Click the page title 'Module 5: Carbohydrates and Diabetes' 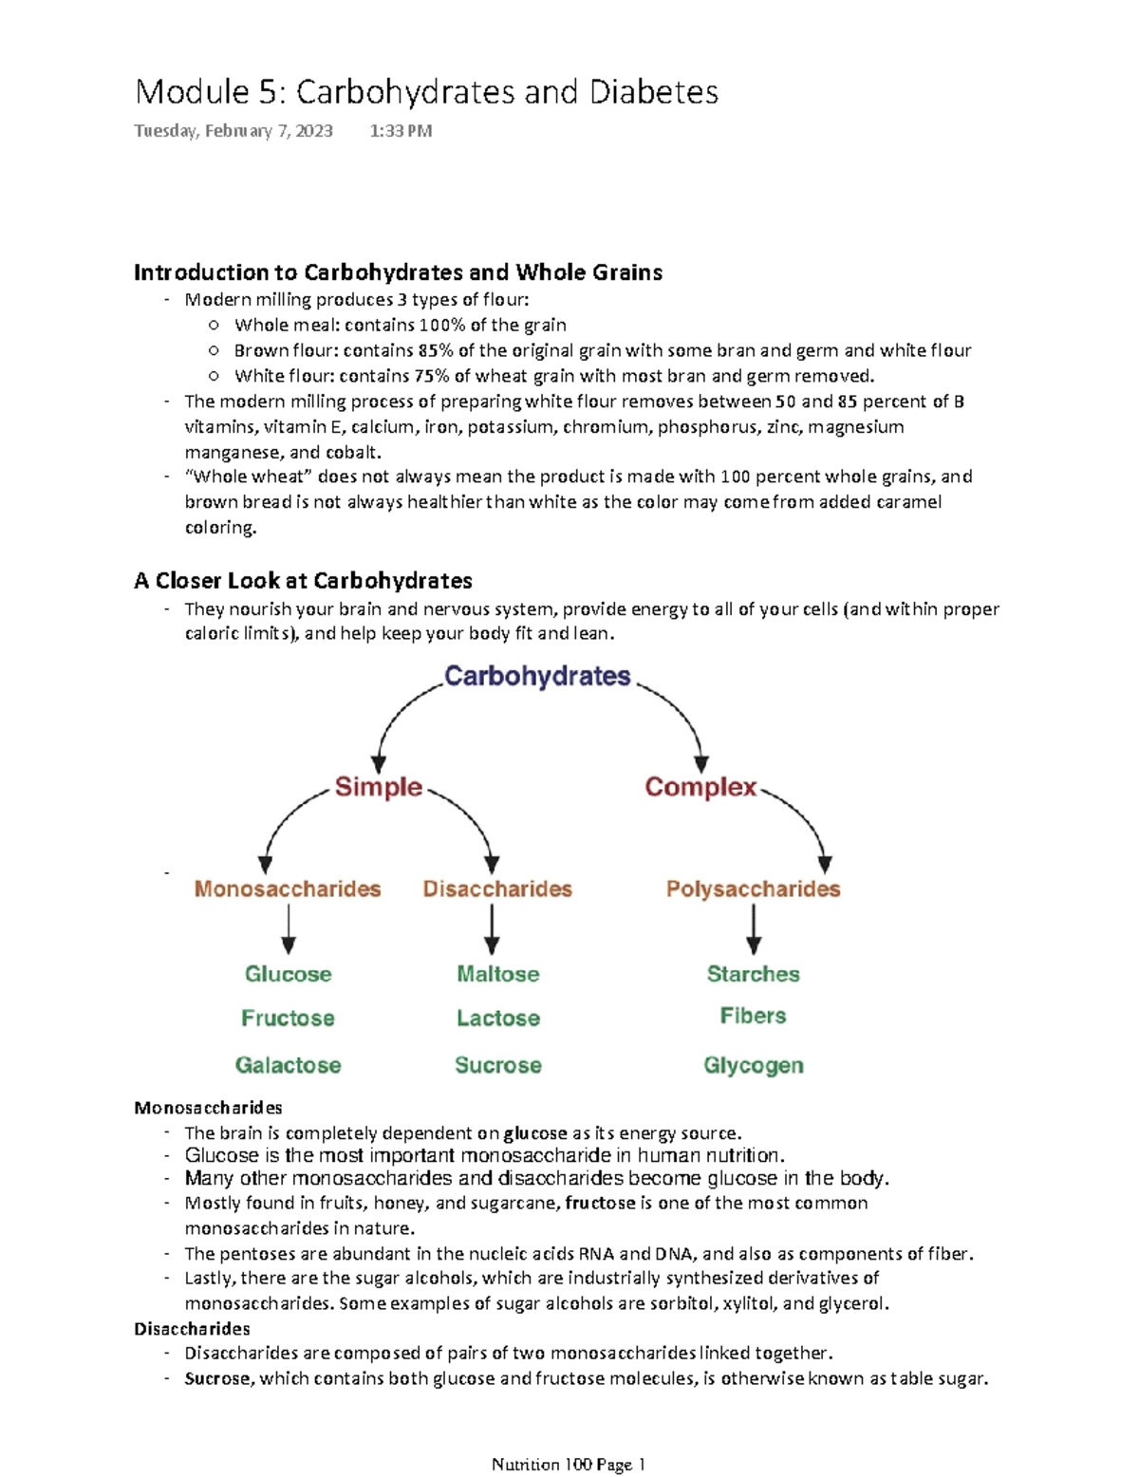426,92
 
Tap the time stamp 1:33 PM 401,131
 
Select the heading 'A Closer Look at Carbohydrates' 303,580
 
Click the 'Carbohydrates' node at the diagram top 537,676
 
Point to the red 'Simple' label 378,787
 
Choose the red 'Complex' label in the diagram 700,787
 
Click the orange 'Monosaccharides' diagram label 288,888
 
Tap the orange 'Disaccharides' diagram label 497,888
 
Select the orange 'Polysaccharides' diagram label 753,888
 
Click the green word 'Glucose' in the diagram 288,974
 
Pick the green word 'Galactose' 288,1065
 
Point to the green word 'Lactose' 497,1019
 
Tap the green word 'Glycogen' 753,1065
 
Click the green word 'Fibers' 753,1016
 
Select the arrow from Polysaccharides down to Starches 753,929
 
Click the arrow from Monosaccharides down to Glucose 288,929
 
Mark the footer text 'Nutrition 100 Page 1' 568,1464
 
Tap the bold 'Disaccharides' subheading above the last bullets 192,1328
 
